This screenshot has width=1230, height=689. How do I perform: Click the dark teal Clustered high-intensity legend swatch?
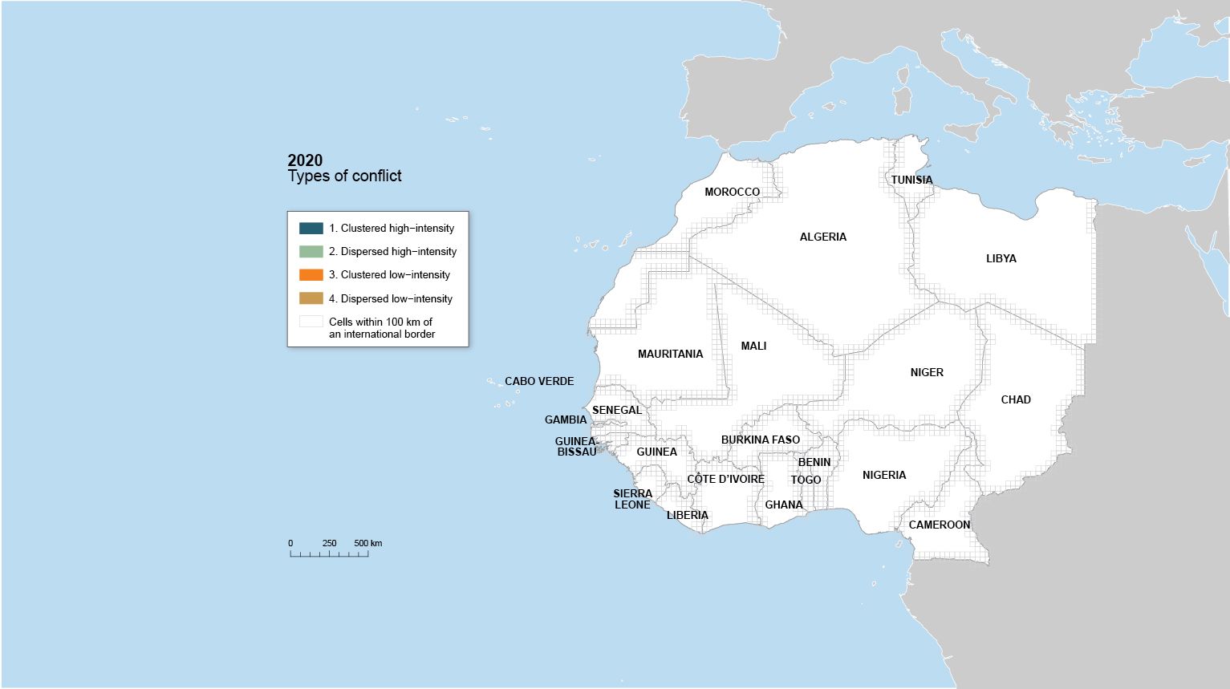[x=311, y=229]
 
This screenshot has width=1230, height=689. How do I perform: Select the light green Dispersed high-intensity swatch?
[x=311, y=252]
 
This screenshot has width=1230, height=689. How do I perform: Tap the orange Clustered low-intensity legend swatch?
[x=311, y=275]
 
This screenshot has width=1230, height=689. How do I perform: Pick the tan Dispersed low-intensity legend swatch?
[x=311, y=298]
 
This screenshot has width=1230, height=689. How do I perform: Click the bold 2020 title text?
[x=305, y=160]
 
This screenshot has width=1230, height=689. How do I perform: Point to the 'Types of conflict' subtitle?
[x=344, y=176]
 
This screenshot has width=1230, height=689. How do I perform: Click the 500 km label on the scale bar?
[x=367, y=543]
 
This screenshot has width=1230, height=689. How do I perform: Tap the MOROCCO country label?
[x=732, y=192]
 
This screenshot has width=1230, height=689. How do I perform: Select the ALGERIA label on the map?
[x=822, y=237]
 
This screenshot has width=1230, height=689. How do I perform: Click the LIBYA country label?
[x=1001, y=258]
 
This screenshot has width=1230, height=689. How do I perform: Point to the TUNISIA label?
[x=911, y=180]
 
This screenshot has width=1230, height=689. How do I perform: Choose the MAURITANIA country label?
[x=670, y=354]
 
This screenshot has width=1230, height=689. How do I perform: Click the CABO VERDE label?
[x=539, y=381]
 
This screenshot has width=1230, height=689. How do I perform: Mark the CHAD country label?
[x=1015, y=399]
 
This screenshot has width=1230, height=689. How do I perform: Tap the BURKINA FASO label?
[x=760, y=440]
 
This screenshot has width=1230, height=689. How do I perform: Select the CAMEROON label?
[x=939, y=525]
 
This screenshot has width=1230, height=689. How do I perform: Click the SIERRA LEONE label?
[x=632, y=499]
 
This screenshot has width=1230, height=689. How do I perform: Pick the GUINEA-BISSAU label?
[x=576, y=447]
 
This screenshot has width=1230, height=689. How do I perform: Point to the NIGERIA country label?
[x=883, y=475]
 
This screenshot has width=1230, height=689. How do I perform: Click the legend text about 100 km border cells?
[x=381, y=328]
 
